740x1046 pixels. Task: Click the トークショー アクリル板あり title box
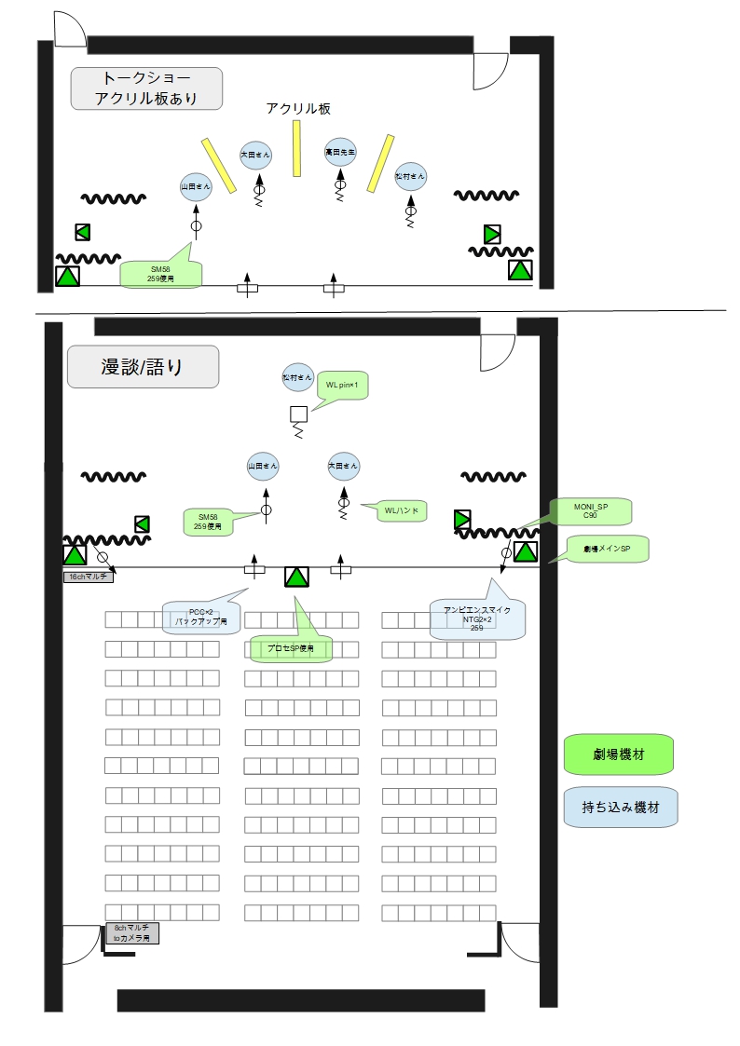click(x=147, y=88)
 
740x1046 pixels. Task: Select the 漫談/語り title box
click(x=143, y=366)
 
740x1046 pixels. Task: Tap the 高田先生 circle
click(x=339, y=151)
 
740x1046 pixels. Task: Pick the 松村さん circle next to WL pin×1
click(x=298, y=377)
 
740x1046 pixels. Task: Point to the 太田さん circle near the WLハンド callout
click(x=344, y=466)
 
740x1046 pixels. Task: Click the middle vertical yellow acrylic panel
click(x=297, y=148)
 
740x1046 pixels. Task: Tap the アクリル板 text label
click(x=298, y=109)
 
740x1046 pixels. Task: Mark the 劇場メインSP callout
click(x=606, y=550)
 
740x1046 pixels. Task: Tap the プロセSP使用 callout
click(x=291, y=648)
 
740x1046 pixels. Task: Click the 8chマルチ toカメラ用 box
click(x=131, y=933)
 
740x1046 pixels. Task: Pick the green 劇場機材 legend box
click(x=619, y=754)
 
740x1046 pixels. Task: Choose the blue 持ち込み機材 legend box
click(x=620, y=808)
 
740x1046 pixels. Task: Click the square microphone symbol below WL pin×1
click(x=298, y=414)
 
